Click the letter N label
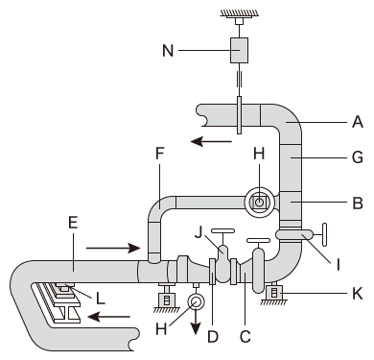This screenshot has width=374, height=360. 168,51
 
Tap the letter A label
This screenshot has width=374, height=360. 358,122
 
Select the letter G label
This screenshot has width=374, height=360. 358,157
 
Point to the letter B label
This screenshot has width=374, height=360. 358,203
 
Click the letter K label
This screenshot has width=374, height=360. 358,294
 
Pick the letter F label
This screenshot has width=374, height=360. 160,154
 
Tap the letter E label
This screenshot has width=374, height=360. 73,223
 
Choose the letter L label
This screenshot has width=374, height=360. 101,299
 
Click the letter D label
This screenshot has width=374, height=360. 213,336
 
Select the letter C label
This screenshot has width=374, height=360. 245,336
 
